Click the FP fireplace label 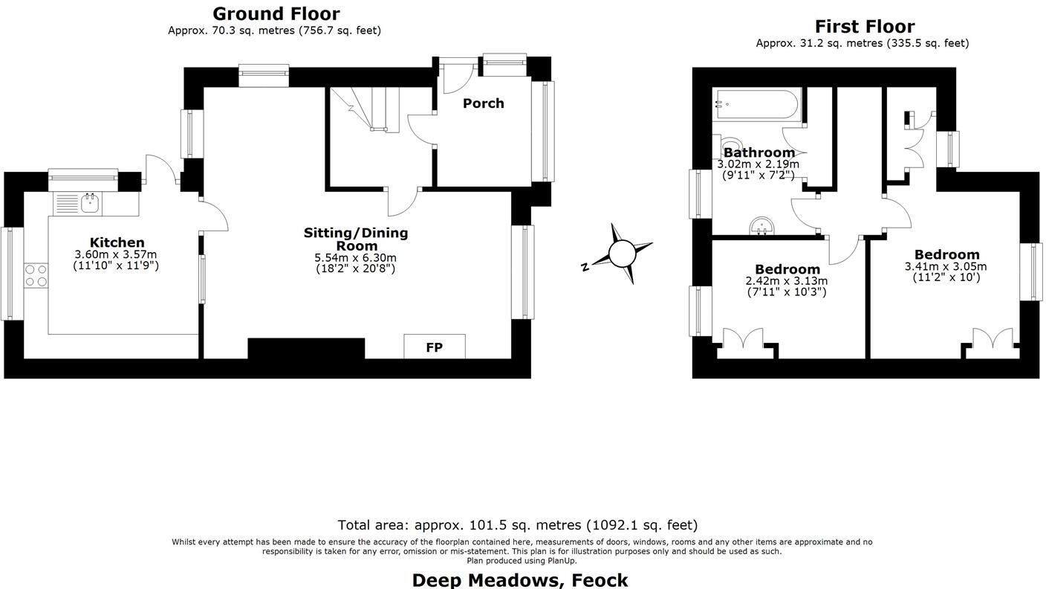(x=434, y=347)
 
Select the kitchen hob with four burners (x=36, y=275)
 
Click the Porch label (x=483, y=103)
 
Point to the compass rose (x=623, y=254)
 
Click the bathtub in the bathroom (x=756, y=105)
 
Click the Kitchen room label (x=117, y=242)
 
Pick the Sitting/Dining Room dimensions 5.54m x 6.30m (x=355, y=258)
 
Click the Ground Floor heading (x=276, y=13)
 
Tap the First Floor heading (x=864, y=27)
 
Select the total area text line (x=517, y=525)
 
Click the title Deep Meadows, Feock (x=519, y=579)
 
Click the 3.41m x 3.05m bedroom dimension (x=945, y=266)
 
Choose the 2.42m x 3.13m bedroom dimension (x=786, y=281)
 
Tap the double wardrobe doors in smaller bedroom (x=743, y=338)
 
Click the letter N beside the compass (x=585, y=267)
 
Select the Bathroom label (x=758, y=152)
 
